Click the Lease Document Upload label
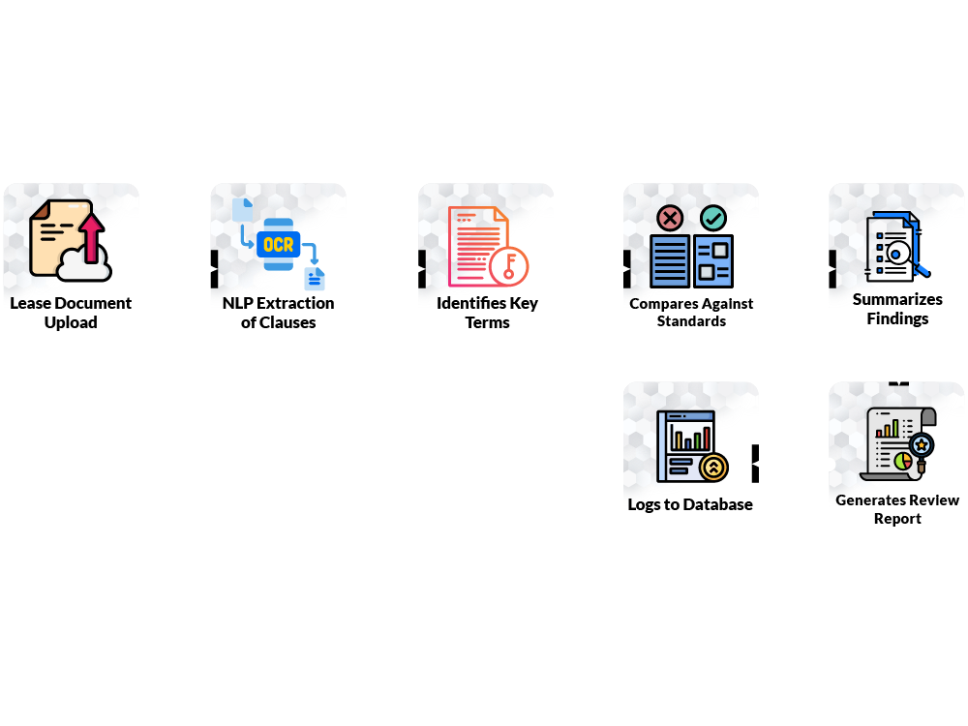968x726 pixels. (71, 312)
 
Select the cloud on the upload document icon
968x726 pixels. (85, 263)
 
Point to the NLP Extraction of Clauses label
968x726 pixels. (278, 312)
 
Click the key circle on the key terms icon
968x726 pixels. (509, 266)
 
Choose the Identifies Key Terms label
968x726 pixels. (487, 312)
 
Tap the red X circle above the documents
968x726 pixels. (670, 218)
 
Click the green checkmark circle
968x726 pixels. (713, 218)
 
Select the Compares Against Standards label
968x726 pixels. (691, 312)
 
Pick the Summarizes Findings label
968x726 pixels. (897, 308)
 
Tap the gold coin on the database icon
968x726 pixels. (713, 468)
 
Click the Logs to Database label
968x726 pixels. (690, 504)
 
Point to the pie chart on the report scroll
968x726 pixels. (902, 458)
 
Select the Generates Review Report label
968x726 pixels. (897, 509)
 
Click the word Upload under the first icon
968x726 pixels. (71, 322)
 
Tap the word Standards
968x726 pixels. (691, 321)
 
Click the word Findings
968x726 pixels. (897, 318)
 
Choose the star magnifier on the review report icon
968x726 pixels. (922, 446)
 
